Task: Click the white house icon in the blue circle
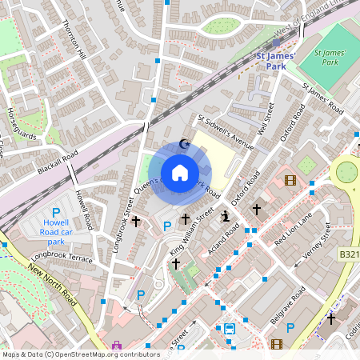(x=180, y=172)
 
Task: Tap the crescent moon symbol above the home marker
(x=186, y=144)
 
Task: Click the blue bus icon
(x=230, y=329)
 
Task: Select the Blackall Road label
(x=57, y=162)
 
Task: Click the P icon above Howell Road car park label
(x=56, y=213)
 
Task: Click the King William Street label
(x=192, y=232)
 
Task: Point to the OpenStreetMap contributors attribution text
(x=80, y=354)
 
